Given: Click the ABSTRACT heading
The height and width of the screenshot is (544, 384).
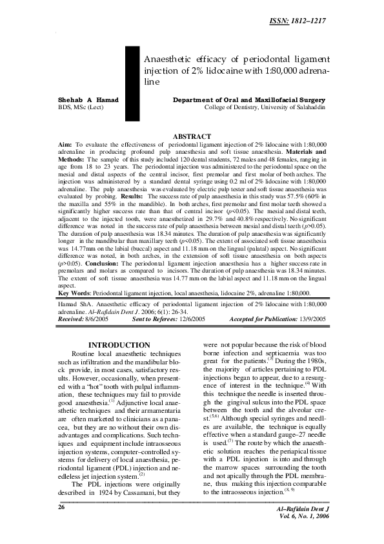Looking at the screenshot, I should [x=192, y=136].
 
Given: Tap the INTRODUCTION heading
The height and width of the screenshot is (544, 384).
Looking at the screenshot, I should [x=119, y=346].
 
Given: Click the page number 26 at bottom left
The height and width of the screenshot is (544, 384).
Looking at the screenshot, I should [x=62, y=526].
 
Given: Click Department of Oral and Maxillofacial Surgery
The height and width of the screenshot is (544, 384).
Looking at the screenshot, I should [x=249, y=100].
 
